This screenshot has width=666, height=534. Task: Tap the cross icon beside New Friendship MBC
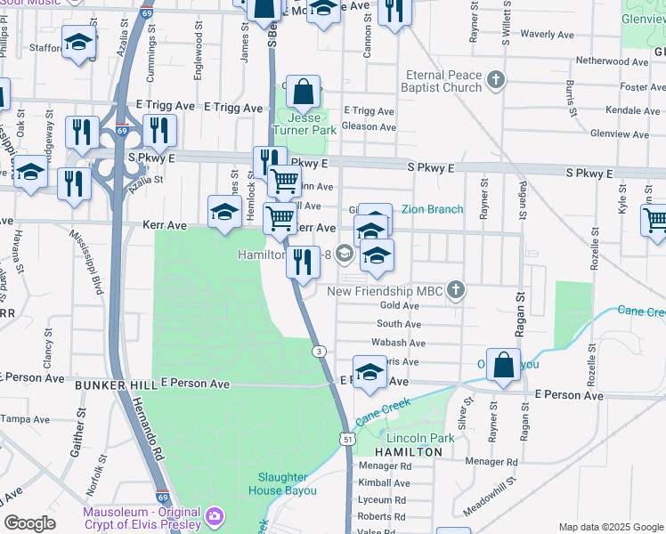(x=456, y=290)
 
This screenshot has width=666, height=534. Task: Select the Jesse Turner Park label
(x=305, y=123)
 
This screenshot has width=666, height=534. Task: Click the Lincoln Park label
(x=414, y=438)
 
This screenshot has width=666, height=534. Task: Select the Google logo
(x=29, y=523)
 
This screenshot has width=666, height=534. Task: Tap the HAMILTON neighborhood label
(x=408, y=452)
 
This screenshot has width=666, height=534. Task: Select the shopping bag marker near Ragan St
(x=503, y=366)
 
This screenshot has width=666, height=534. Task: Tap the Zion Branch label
(x=432, y=209)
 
